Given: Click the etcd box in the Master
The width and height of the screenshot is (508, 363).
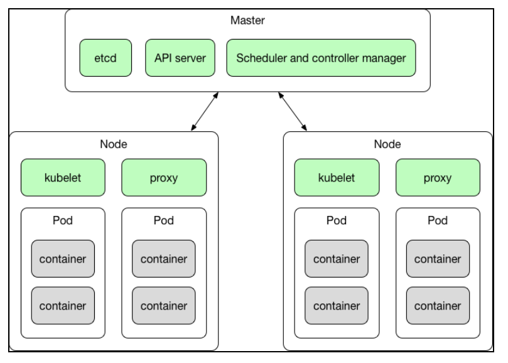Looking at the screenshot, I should point(104,58).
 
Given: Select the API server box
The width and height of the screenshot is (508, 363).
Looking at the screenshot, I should point(180,58).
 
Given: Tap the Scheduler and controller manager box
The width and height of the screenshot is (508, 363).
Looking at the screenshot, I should point(321,58).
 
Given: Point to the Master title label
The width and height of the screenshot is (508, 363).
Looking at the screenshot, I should point(247,21).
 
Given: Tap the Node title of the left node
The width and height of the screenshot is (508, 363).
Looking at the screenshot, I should point(114,144).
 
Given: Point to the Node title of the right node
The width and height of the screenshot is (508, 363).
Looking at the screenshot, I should point(387,144).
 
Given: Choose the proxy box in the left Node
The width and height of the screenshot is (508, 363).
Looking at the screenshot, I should point(164,178).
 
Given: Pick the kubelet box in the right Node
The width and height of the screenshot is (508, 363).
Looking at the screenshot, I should point(337,178).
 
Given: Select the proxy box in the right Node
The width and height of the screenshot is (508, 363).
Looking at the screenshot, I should point(438,178).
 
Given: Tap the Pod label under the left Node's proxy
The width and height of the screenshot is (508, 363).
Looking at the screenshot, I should point(164,220).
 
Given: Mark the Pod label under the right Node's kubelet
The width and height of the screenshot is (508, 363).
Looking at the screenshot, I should point(337,220).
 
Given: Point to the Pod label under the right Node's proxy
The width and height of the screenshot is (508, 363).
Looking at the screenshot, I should point(438,220).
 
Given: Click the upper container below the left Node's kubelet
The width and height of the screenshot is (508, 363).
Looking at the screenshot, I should point(63,258).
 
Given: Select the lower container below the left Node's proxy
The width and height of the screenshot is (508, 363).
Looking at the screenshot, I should point(164,306).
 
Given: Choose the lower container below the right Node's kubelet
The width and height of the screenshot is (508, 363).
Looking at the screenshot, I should point(337,306).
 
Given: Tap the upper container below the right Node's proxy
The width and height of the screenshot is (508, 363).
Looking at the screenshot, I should point(438,258).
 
